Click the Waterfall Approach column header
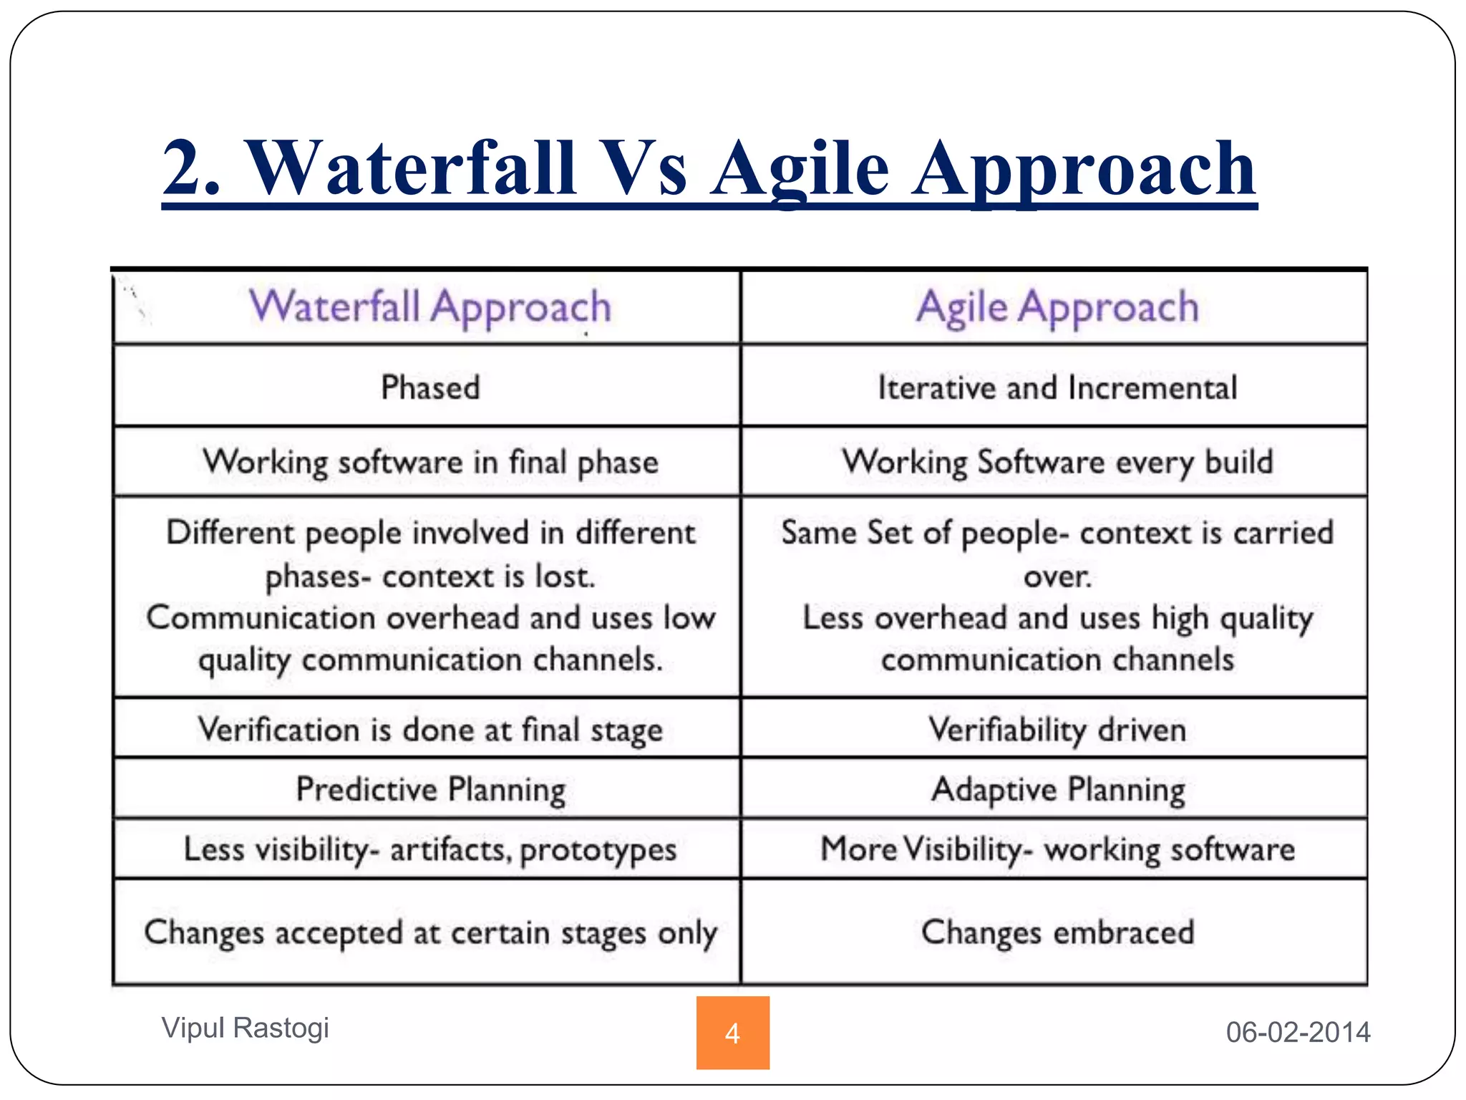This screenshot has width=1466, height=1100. coord(430,307)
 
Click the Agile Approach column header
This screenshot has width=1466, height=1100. coord(1057,307)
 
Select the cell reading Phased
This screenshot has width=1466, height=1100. coord(430,387)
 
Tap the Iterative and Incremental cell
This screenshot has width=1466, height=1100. coord(1057,387)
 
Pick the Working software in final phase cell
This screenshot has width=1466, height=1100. coord(430,462)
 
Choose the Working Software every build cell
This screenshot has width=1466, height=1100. coord(1057,462)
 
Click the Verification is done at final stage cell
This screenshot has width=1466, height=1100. coord(430,730)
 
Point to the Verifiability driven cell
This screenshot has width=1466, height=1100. coord(1057,730)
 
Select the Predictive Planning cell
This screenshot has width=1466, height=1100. coord(430,789)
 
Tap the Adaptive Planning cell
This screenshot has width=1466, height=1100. coord(1057,789)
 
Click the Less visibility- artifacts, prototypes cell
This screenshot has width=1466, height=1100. coord(430,849)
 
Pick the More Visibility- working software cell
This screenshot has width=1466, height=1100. coord(1057,849)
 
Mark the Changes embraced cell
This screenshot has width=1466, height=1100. coord(1057,932)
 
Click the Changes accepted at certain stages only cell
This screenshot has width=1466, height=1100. coord(430,932)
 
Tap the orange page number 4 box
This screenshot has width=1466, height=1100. coord(732,1033)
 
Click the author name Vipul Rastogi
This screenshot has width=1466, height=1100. coord(245,1028)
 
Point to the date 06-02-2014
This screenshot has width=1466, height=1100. coord(1298,1032)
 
